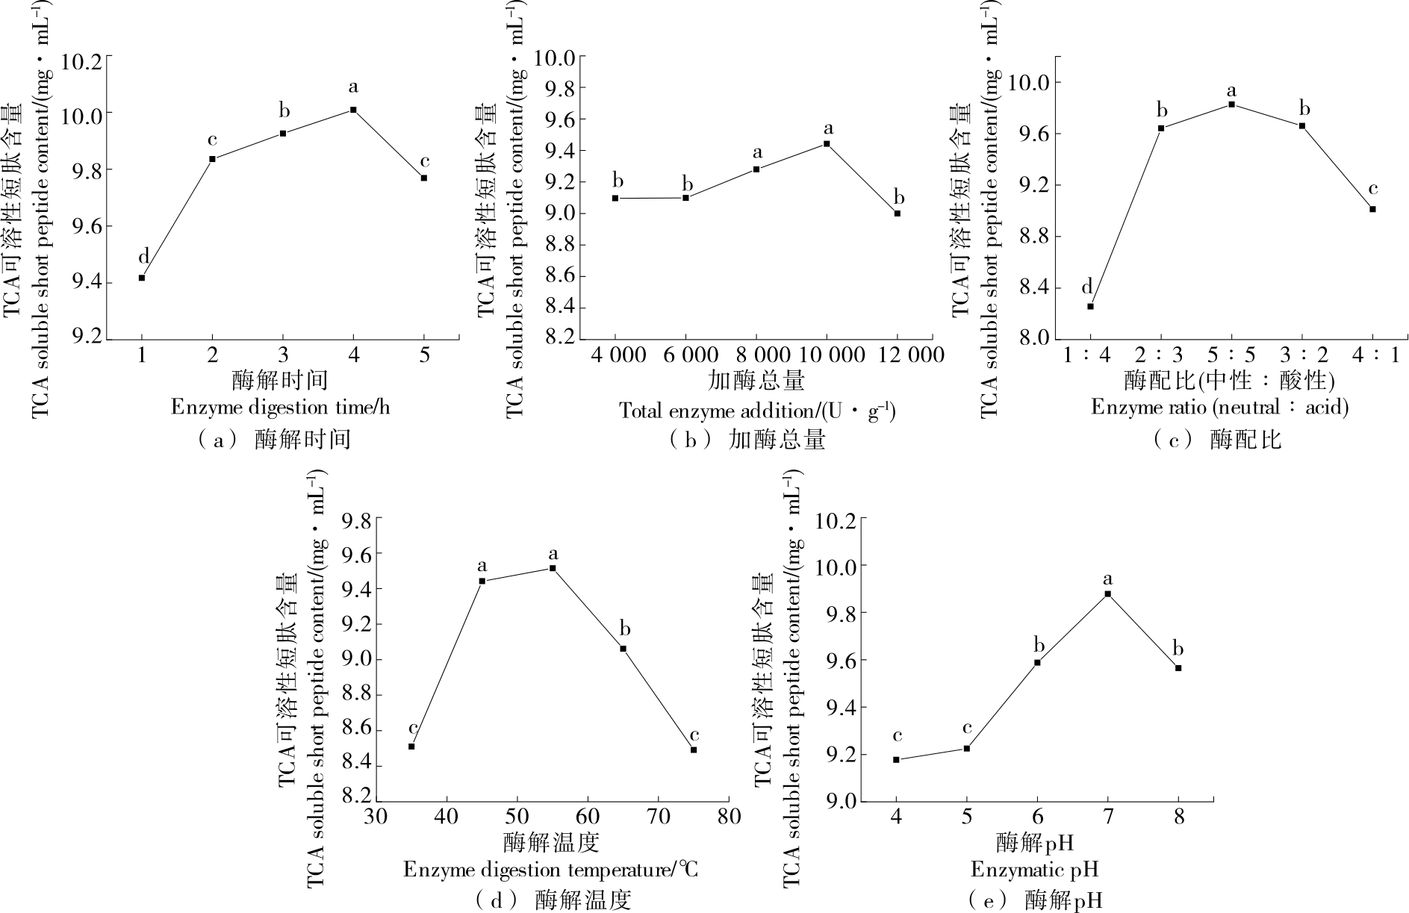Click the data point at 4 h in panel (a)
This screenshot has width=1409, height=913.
point(353,110)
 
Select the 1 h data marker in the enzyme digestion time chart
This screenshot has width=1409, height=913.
point(142,278)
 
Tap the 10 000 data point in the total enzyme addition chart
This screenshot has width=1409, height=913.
point(827,143)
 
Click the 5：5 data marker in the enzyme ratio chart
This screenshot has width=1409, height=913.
point(1231,105)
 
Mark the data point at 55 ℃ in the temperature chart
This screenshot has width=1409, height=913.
point(553,568)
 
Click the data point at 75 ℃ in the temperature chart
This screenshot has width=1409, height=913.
point(694,750)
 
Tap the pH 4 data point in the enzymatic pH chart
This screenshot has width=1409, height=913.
point(896,760)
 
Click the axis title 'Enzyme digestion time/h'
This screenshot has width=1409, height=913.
point(280,408)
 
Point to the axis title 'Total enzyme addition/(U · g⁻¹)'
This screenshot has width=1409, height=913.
point(756,411)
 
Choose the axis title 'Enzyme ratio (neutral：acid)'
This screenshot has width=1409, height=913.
point(1219,408)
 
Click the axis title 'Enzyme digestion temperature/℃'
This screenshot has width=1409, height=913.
point(551,870)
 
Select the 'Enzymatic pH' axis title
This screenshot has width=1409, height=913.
point(1034,870)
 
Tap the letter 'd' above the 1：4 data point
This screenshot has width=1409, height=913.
point(1087,287)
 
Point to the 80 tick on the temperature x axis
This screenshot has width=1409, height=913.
point(728,817)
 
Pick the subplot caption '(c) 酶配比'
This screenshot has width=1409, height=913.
point(1217,440)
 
